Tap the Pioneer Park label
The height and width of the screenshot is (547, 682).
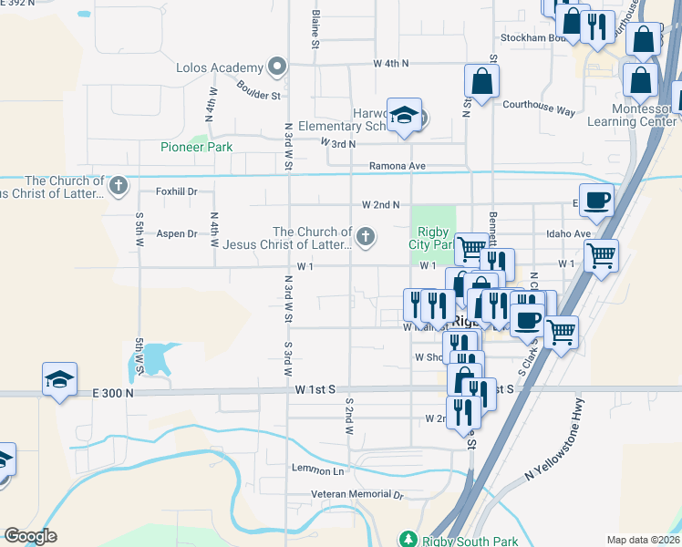pyautogui.click(x=196, y=147)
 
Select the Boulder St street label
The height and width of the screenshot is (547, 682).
pyautogui.click(x=258, y=90)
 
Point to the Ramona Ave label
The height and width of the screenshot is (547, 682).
pyautogui.click(x=398, y=166)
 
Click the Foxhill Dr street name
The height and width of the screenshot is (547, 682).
pyautogui.click(x=177, y=191)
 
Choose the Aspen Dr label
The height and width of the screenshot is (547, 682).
pyautogui.click(x=177, y=233)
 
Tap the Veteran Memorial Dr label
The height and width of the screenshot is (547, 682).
pyautogui.click(x=345, y=494)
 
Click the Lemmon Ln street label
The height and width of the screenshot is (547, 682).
pyautogui.click(x=317, y=470)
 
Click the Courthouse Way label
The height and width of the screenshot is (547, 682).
pyautogui.click(x=540, y=107)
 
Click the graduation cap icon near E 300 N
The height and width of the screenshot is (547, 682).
pyautogui.click(x=59, y=378)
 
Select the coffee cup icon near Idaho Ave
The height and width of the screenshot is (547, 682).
pyautogui.click(x=596, y=200)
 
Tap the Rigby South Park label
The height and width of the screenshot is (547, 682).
pyautogui.click(x=457, y=539)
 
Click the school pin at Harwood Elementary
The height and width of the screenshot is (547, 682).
pyautogui.click(x=404, y=116)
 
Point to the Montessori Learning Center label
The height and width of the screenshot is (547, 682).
pyautogui.click(x=632, y=115)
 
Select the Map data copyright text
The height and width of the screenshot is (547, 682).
pyautogui.click(x=642, y=540)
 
